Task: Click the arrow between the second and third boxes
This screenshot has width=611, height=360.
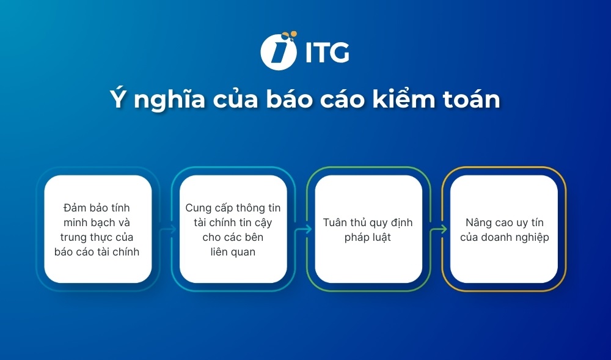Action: [x=301, y=230]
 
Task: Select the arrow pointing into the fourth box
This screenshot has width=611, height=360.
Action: [x=437, y=230]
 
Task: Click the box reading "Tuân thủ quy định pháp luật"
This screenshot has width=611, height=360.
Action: [x=368, y=229]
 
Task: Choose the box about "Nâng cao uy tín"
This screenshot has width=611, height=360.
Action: [x=504, y=229]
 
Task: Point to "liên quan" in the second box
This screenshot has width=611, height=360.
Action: [x=233, y=252]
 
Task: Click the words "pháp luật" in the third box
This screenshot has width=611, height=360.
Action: [x=368, y=237]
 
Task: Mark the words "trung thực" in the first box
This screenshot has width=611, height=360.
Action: [x=89, y=237]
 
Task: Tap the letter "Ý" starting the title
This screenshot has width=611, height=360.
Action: [x=116, y=99]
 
